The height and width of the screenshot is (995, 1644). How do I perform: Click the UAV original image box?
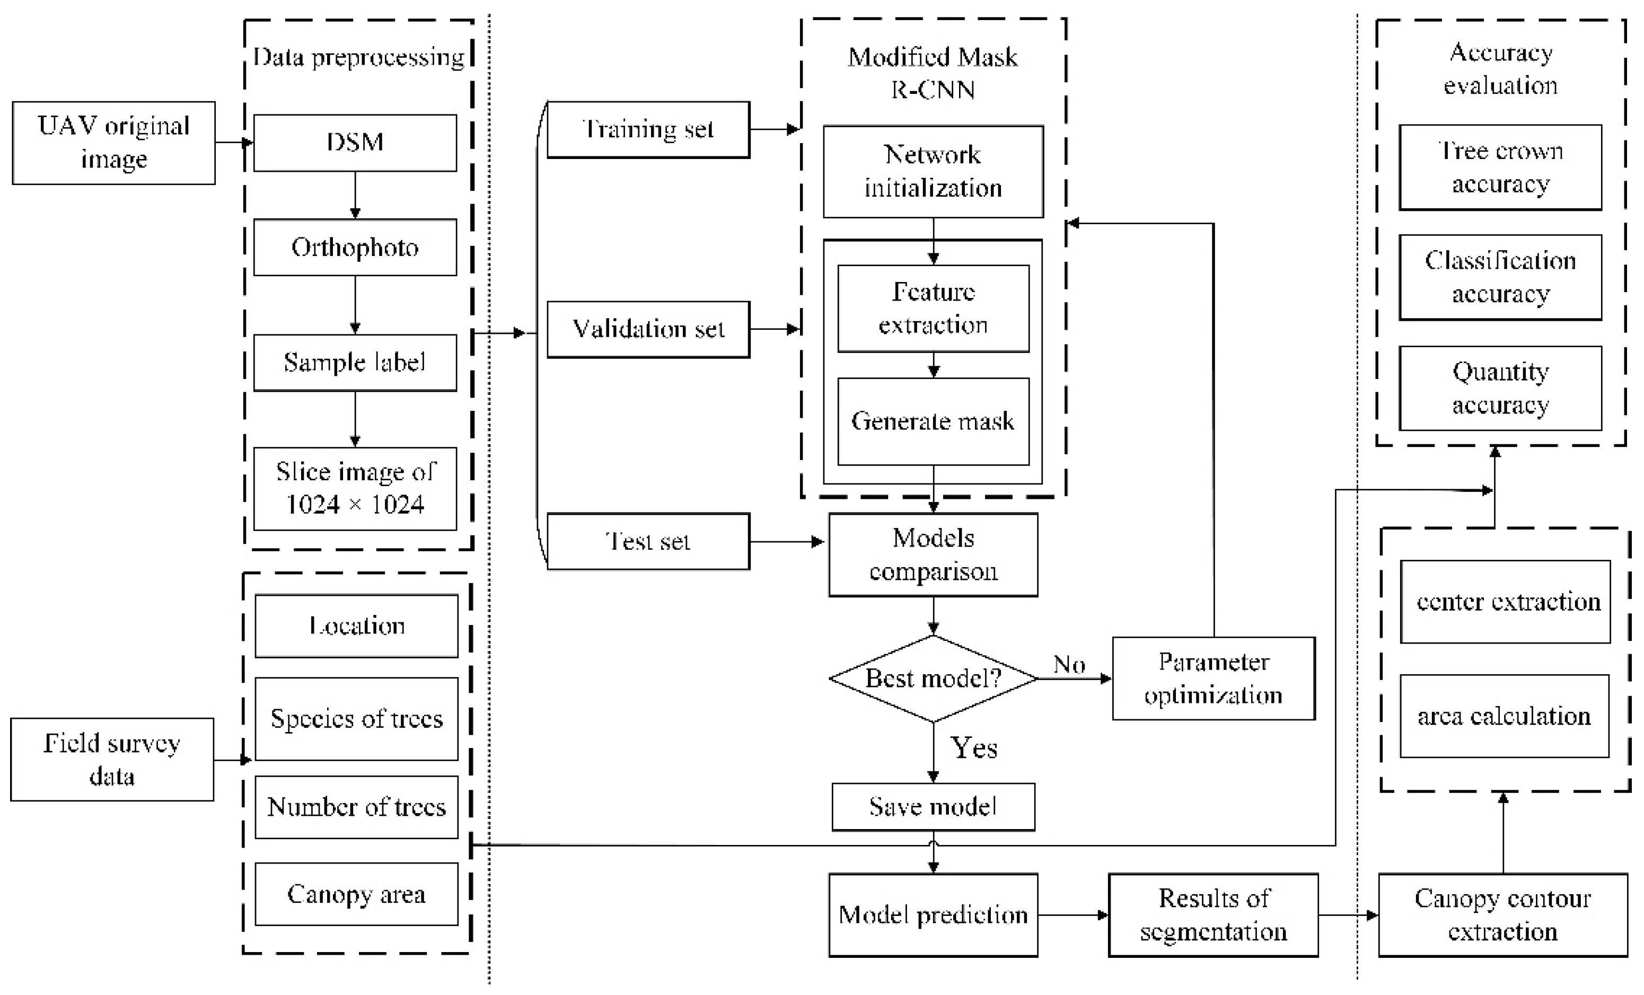[x=113, y=143]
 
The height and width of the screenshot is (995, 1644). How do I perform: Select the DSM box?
[x=355, y=143]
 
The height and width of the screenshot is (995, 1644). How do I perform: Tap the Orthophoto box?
[x=355, y=247]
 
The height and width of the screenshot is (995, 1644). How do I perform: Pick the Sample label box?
[x=355, y=363]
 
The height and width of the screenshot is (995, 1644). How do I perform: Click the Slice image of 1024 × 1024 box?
[x=355, y=489]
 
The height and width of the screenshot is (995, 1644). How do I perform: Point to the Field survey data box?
[x=112, y=760]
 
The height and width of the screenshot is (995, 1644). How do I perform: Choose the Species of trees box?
[x=356, y=719]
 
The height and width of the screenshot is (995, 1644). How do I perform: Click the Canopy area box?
[x=356, y=894]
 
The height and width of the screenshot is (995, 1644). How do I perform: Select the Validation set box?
[x=648, y=329]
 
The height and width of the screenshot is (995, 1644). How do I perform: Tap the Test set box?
[x=648, y=541]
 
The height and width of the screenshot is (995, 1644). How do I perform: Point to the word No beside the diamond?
[x=1069, y=665]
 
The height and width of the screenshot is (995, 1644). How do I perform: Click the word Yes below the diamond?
[x=973, y=748]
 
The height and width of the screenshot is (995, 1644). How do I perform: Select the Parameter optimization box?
[x=1213, y=679]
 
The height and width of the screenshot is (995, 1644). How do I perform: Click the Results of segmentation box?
[x=1213, y=915]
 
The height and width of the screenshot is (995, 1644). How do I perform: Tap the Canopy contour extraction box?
[x=1502, y=915]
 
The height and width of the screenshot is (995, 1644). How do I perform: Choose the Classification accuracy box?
[x=1500, y=277]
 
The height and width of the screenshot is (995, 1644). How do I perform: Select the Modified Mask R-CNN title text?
[x=933, y=73]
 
